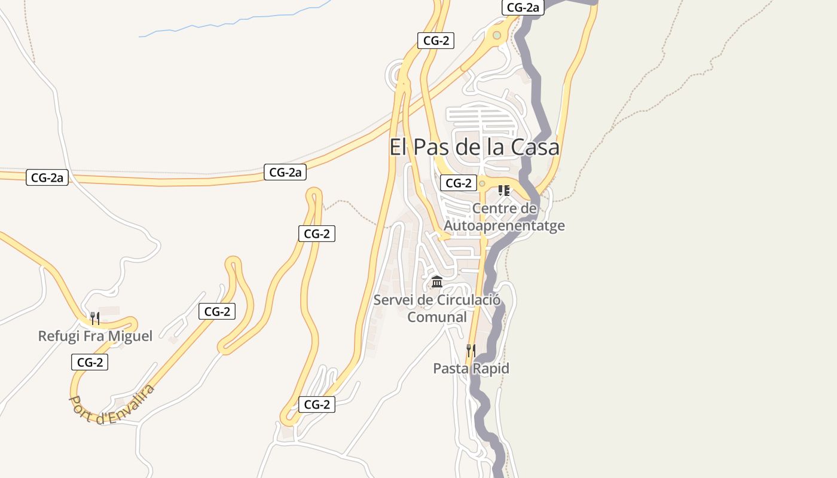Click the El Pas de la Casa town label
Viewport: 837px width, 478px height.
click(x=474, y=147)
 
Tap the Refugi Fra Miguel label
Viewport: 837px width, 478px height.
click(x=95, y=336)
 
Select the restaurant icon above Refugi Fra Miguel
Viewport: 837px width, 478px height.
click(x=94, y=317)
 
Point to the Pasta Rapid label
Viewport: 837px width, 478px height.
click(x=471, y=368)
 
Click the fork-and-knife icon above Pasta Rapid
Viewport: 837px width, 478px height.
click(x=471, y=350)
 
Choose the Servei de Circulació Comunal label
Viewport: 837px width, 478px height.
click(x=436, y=308)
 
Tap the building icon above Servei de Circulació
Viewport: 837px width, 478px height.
click(x=437, y=281)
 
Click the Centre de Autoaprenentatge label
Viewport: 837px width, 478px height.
click(x=504, y=217)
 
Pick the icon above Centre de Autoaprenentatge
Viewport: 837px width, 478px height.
click(x=503, y=191)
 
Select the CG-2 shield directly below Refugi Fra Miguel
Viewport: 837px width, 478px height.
click(x=90, y=362)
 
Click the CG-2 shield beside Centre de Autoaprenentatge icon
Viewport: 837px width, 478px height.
click(x=459, y=183)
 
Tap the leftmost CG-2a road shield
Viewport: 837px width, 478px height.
click(x=47, y=177)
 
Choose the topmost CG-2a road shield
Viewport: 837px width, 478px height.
click(x=523, y=7)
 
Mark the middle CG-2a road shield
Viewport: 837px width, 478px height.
click(x=285, y=173)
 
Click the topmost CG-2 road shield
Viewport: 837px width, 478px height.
click(x=436, y=41)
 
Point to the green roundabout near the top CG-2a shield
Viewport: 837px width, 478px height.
click(x=496, y=36)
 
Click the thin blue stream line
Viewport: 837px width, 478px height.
click(x=239, y=21)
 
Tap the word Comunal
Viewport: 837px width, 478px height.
click(x=437, y=317)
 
